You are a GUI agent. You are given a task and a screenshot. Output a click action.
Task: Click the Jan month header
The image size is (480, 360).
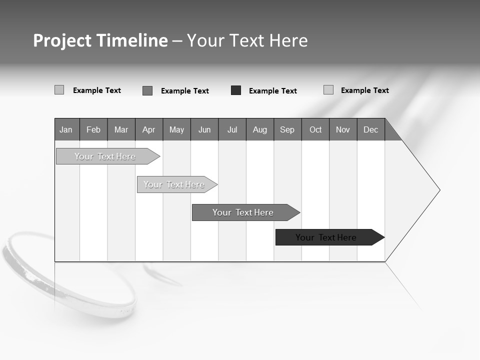66,129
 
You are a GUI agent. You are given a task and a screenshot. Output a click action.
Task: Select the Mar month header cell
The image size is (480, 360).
121,129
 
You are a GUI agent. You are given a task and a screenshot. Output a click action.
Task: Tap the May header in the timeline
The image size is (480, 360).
176,129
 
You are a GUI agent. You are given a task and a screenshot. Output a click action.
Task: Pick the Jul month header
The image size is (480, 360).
232,129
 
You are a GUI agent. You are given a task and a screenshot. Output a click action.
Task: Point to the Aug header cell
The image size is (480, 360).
259,129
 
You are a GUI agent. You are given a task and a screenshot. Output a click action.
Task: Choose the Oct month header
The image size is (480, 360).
315,129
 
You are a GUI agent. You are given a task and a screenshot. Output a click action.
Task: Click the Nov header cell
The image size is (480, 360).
343,129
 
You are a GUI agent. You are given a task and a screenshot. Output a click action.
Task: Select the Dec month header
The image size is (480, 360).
370,129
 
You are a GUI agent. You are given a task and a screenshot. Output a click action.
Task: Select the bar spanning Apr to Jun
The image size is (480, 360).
175,184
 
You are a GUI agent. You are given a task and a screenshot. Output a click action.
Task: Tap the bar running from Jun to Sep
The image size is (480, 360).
243,212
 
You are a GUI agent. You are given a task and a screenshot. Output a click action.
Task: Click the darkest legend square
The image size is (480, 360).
236,90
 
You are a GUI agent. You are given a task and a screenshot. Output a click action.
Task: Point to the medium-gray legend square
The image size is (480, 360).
147,90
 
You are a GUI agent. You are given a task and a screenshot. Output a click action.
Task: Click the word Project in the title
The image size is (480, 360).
62,40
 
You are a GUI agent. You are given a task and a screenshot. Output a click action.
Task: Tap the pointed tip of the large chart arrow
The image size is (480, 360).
439,190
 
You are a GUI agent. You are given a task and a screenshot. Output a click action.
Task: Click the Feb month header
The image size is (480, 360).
93,129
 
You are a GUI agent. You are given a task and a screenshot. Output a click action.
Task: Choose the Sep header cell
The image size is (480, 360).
287,129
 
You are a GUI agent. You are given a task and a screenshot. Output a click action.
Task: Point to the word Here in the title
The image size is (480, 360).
288,40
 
